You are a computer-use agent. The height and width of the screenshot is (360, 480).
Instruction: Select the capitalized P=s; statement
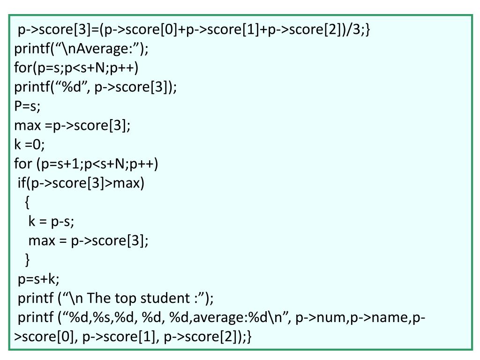pos(28,106)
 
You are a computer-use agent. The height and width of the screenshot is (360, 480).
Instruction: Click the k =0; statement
pos(30,145)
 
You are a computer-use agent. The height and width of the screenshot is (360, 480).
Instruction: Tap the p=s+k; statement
pos(39,279)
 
